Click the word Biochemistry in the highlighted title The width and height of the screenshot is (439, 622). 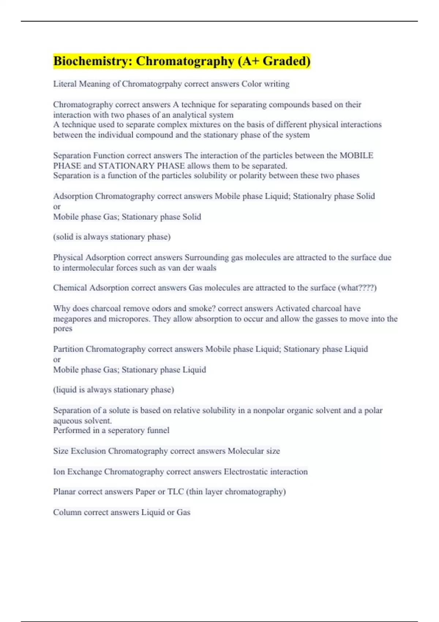click(93, 61)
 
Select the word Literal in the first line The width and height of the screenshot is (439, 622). click(65, 84)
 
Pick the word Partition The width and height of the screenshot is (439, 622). click(68, 349)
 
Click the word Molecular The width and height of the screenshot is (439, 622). click(245, 451)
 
